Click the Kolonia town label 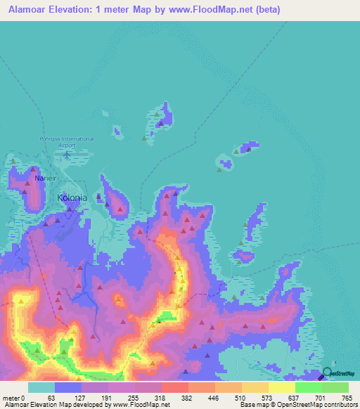tap(72, 197)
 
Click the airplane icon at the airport tap(67, 153)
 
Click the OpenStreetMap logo tap(341, 374)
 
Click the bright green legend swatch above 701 tap(309, 387)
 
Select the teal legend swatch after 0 tap(41, 387)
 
